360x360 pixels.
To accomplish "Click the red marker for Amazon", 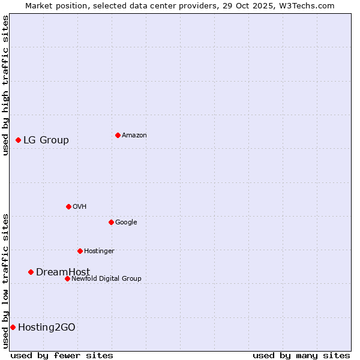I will click(x=118, y=135).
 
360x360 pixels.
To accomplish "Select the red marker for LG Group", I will click(x=19, y=140).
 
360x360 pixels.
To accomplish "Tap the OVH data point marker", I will click(x=68, y=206).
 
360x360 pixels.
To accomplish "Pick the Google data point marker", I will click(x=111, y=222).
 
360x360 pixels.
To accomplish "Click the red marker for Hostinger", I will click(x=80, y=251).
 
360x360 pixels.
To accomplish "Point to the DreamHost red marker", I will click(x=31, y=272).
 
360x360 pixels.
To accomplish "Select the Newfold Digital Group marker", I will click(x=67, y=278).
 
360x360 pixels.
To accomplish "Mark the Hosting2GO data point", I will click(x=13, y=327).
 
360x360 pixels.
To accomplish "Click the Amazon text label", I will click(x=134, y=136).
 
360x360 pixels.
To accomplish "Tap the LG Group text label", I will click(x=46, y=140).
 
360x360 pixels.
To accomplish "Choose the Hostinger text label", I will click(x=99, y=251).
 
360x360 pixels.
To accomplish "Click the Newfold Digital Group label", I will click(x=106, y=278).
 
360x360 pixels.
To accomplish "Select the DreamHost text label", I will click(x=63, y=272).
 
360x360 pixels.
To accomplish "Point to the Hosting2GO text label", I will click(x=47, y=328).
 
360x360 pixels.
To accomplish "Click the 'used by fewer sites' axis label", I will click(x=62, y=355).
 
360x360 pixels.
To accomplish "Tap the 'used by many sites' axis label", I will click(x=301, y=355).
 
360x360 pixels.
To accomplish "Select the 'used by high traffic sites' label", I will click(x=5, y=85).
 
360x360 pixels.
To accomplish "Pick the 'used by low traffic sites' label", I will click(x=5, y=280).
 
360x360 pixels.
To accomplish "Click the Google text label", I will click(x=126, y=222).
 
